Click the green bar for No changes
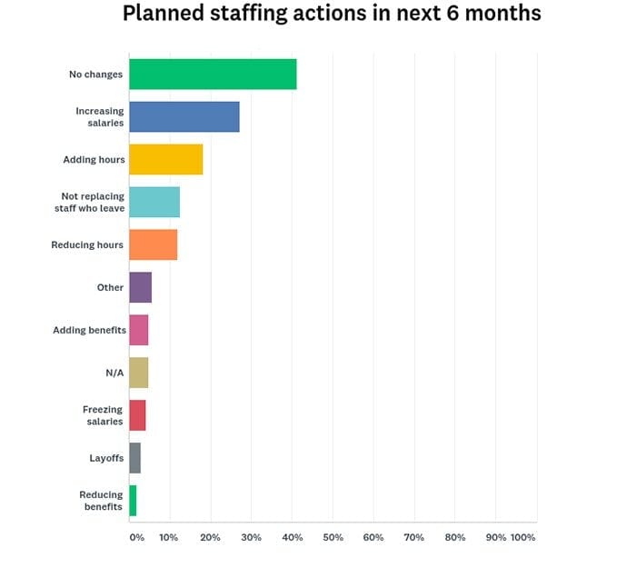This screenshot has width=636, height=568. click(x=213, y=74)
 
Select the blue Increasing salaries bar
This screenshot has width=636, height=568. click(x=184, y=116)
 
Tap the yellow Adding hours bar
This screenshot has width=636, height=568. click(x=165, y=159)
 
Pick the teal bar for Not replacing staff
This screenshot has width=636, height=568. click(x=154, y=202)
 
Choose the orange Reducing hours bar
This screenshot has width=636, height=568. click(x=153, y=244)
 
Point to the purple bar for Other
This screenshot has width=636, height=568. click(x=140, y=287)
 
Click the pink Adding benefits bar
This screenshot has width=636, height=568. click(x=138, y=330)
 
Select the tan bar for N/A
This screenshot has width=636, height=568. click(x=138, y=373)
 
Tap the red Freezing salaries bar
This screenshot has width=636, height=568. click(x=137, y=415)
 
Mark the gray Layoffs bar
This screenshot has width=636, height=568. click(x=134, y=458)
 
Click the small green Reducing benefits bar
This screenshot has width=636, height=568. click(x=133, y=501)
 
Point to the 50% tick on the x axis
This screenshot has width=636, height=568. click(x=333, y=537)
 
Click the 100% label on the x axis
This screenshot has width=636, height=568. click(x=523, y=537)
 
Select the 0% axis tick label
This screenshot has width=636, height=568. click(x=136, y=537)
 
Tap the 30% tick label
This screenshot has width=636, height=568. click(x=252, y=537)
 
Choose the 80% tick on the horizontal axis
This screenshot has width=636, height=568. click(x=455, y=537)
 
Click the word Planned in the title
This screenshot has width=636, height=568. click(x=163, y=15)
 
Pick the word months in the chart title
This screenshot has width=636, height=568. click(x=497, y=15)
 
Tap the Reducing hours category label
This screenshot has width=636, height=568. click(x=87, y=244)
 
